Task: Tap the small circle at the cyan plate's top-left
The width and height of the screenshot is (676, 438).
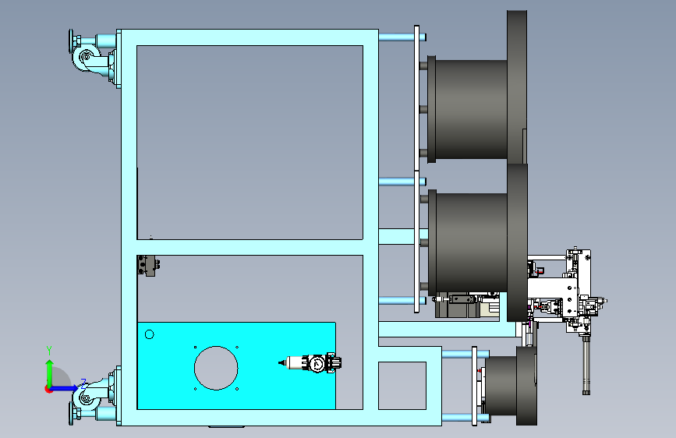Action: (x=150, y=334)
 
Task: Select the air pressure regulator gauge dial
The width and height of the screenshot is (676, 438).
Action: (x=317, y=364)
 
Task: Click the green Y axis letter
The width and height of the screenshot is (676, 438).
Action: (x=49, y=350)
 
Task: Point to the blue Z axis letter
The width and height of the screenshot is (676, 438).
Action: (x=83, y=383)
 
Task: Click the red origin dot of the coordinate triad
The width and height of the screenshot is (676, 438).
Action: (x=48, y=389)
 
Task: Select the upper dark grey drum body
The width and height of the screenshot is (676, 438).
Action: (x=471, y=109)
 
